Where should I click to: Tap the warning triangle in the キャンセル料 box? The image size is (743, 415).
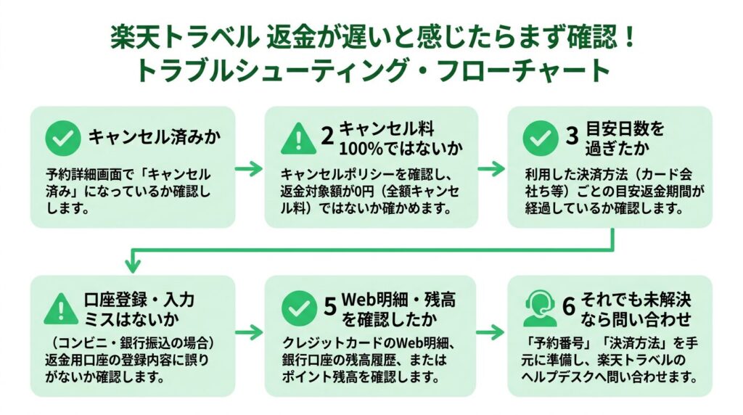tap(297, 139)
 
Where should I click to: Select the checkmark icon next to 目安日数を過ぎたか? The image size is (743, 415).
tap(540, 139)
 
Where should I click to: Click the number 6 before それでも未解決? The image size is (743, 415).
tap(570, 308)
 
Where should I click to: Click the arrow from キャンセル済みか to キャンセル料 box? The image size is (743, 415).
tap(250, 169)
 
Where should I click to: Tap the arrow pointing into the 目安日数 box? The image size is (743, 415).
tap(492, 169)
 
